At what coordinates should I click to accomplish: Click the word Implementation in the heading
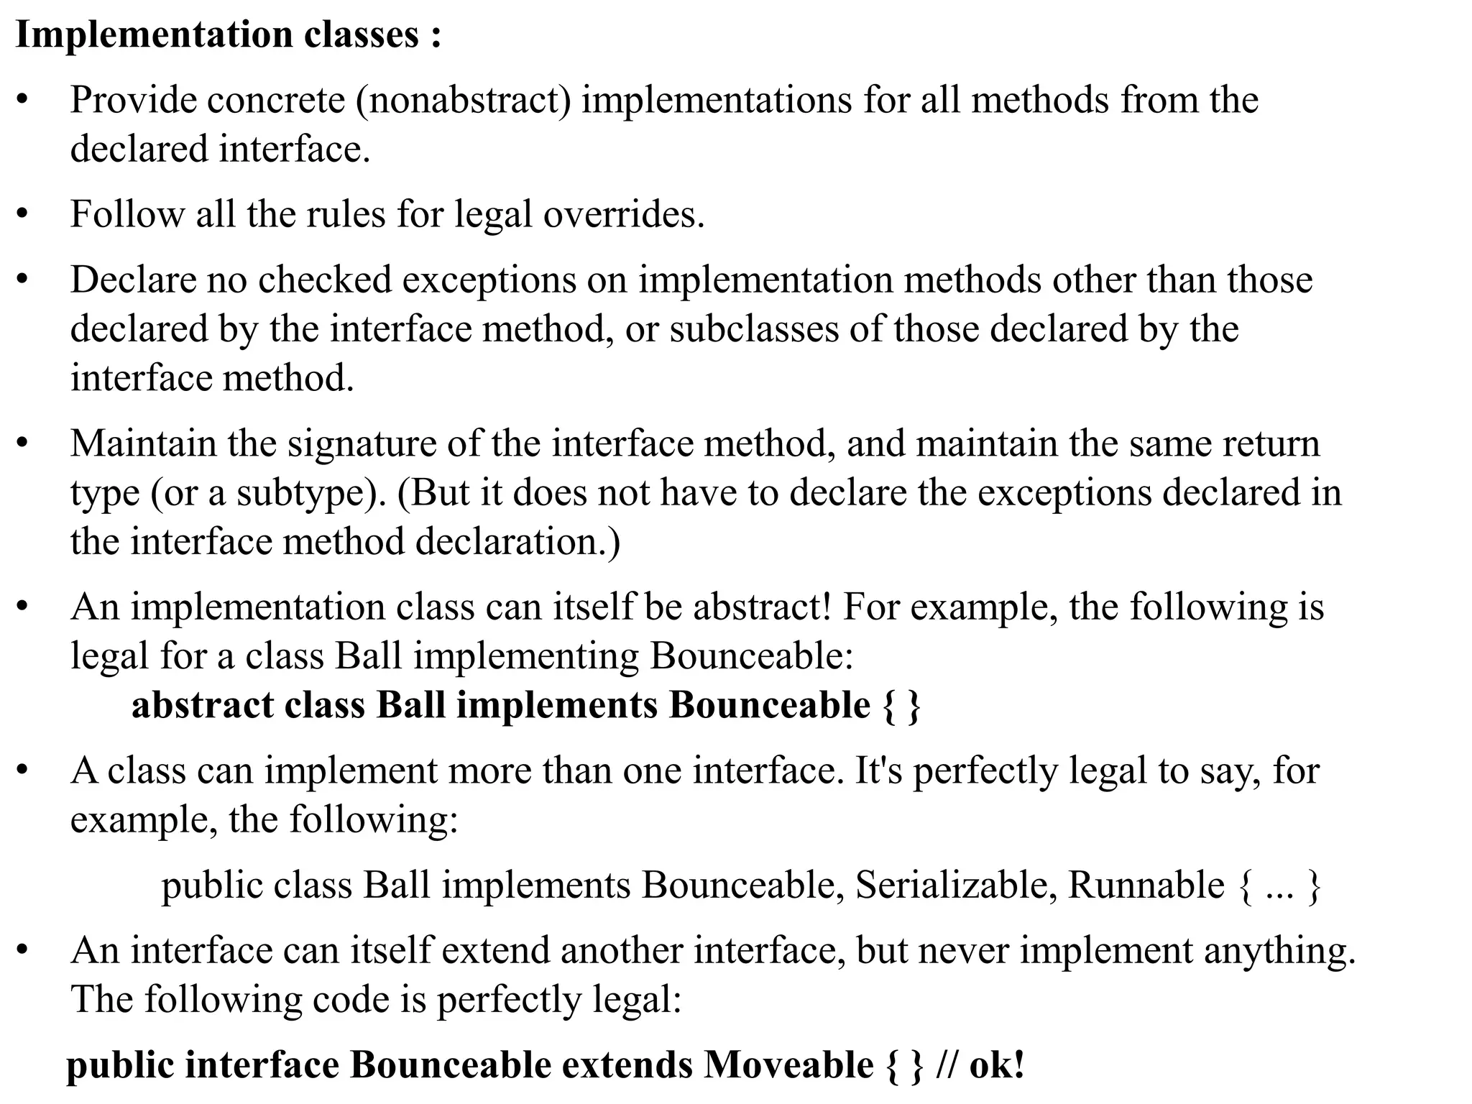(154, 34)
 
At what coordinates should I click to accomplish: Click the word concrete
(276, 100)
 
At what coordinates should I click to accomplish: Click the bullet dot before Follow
(23, 214)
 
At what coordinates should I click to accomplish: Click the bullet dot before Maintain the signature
(23, 443)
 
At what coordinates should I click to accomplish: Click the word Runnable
(1146, 885)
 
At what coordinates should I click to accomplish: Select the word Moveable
(788, 1065)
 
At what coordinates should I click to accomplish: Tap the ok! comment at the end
(996, 1065)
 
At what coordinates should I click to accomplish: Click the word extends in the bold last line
(627, 1065)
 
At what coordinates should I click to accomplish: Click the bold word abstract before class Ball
(203, 705)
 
